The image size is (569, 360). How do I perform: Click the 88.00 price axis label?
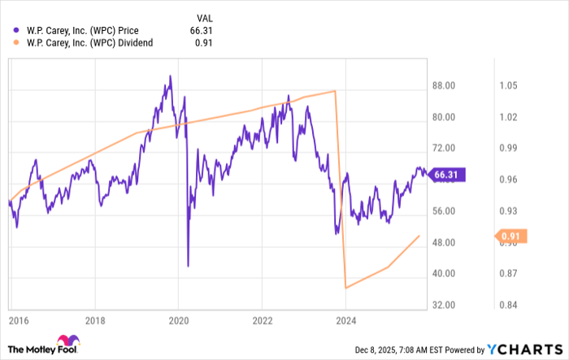click(x=443, y=85)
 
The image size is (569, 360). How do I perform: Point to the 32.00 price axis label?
click(x=443, y=306)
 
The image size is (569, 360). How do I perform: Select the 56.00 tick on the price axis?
click(x=443, y=211)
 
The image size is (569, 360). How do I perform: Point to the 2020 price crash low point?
click(x=188, y=266)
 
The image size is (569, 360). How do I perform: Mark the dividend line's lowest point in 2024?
click(x=346, y=288)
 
